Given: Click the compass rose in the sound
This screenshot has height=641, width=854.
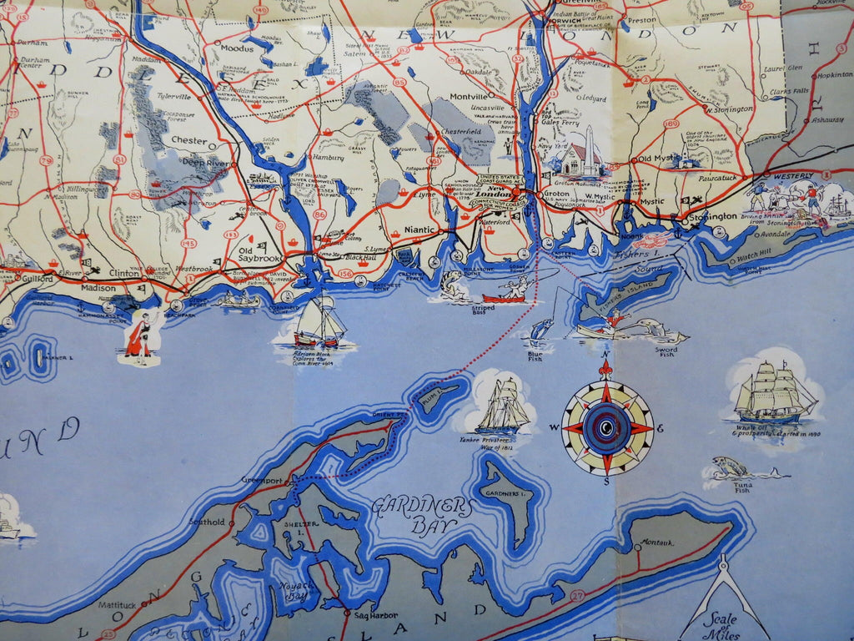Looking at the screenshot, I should [607, 428].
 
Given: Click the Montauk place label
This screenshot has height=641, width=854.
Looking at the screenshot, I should [657, 543].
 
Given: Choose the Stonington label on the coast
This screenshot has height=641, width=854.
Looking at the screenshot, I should [714, 216].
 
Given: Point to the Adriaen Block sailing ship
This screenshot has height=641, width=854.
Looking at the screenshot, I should [320, 323].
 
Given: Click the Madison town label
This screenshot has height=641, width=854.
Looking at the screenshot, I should [98, 287].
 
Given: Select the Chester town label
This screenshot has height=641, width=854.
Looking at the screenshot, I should [189, 140].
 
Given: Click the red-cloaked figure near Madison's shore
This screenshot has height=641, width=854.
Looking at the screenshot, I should [140, 336].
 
